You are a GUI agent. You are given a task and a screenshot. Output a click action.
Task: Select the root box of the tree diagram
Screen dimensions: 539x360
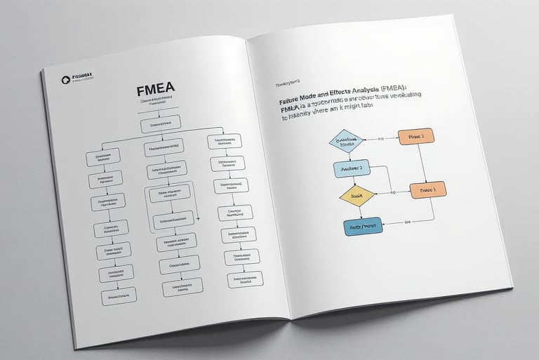coord(165,127)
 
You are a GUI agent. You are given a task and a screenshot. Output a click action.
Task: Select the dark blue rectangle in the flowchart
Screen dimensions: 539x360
coord(363,226)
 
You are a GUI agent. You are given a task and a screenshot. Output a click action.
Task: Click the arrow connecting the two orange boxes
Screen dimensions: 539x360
coord(423,163)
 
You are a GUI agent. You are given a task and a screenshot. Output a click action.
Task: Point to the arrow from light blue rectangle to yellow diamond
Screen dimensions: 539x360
coord(354,181)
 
